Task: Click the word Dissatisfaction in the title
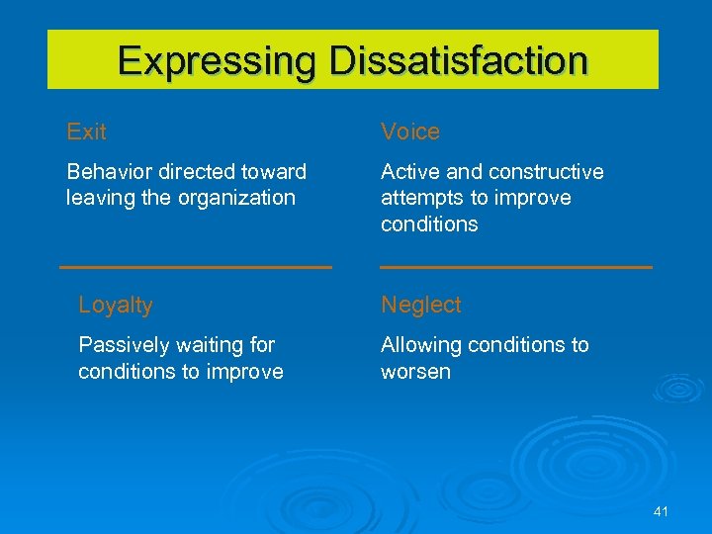coord(459,60)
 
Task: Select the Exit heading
coord(86,132)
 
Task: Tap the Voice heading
coord(410,132)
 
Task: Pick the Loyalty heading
coord(116,306)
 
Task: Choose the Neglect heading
coord(421,306)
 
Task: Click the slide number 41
coord(662,511)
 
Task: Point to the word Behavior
coord(109,172)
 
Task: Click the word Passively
coord(123,345)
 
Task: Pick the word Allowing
coord(419,345)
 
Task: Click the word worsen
coord(415,372)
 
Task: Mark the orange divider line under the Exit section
coord(196,267)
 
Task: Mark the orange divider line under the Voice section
coord(516,267)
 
